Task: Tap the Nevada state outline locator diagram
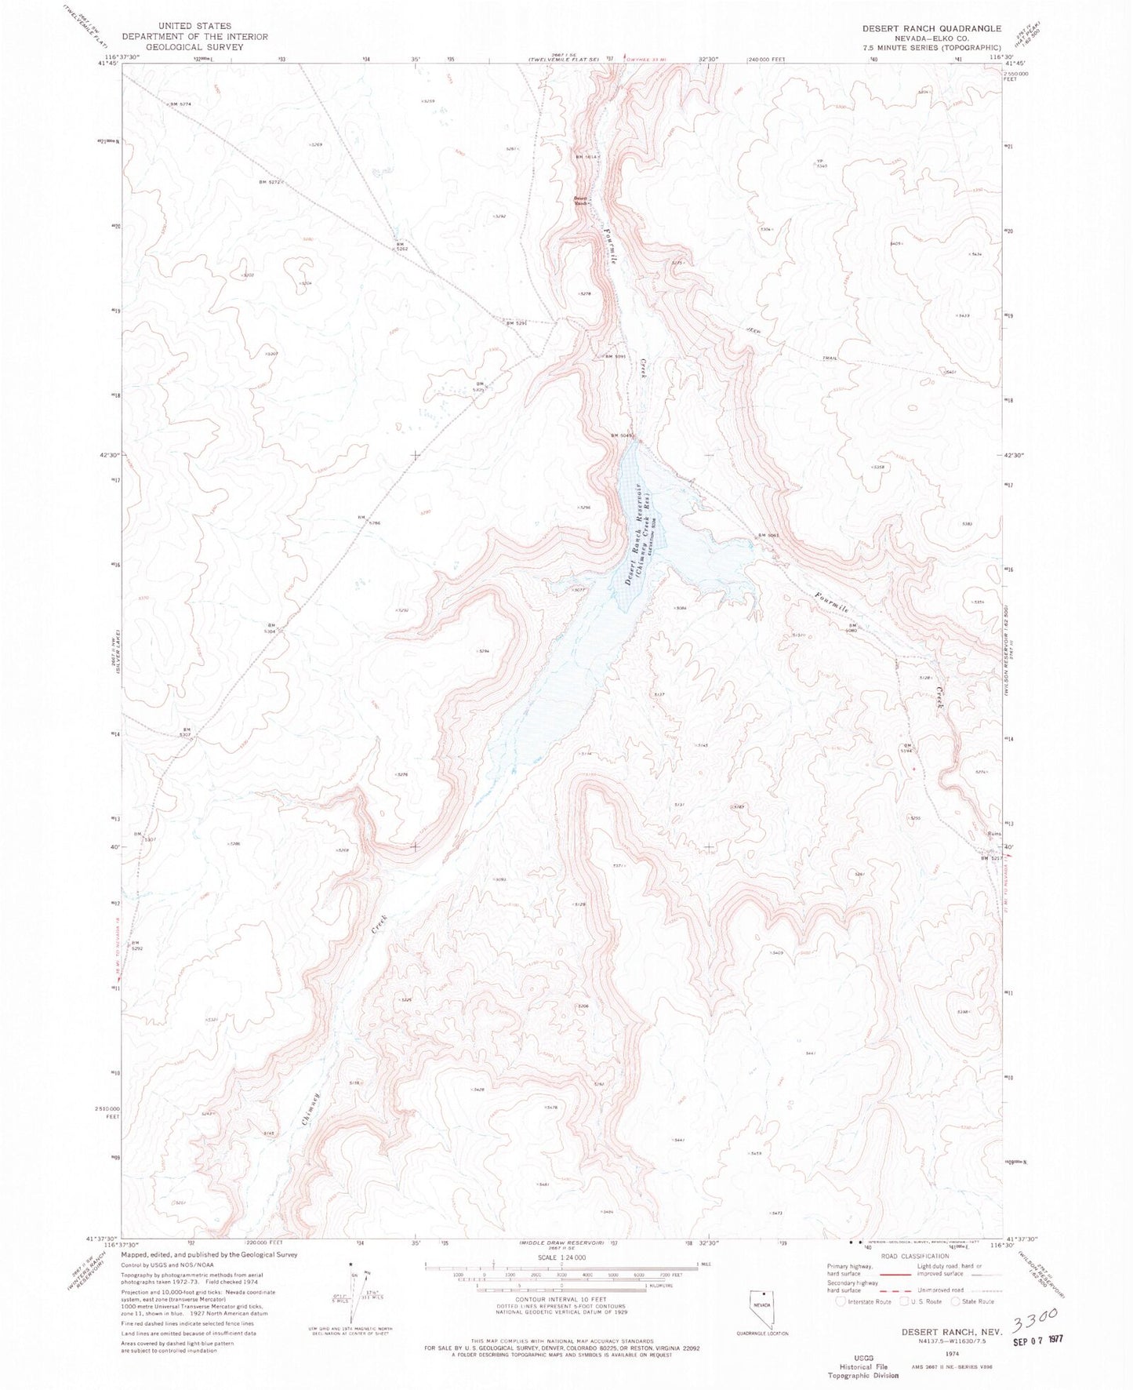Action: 759,1309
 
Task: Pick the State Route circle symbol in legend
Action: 955,1302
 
